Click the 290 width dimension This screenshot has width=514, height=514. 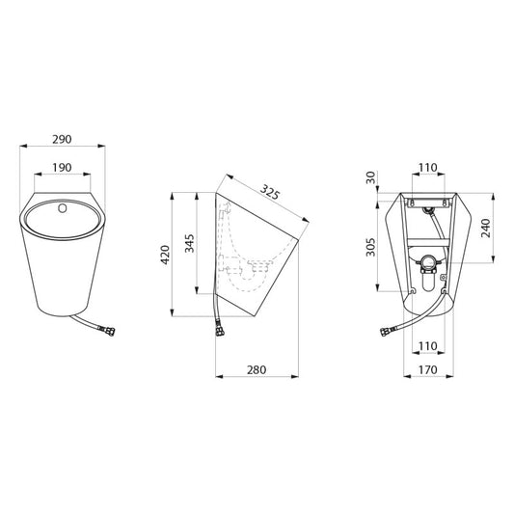click(62, 139)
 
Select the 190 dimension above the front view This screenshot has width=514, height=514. click(62, 168)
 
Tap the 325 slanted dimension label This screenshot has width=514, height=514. click(270, 192)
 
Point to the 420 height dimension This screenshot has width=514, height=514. click(165, 255)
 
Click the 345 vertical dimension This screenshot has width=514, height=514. click(189, 243)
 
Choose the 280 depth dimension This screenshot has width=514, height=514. click(257, 369)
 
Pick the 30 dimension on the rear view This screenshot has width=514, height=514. click(370, 177)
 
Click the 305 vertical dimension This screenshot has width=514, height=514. click(370, 247)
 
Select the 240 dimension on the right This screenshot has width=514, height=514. click(486, 228)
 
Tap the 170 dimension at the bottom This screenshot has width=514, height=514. click(428, 369)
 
